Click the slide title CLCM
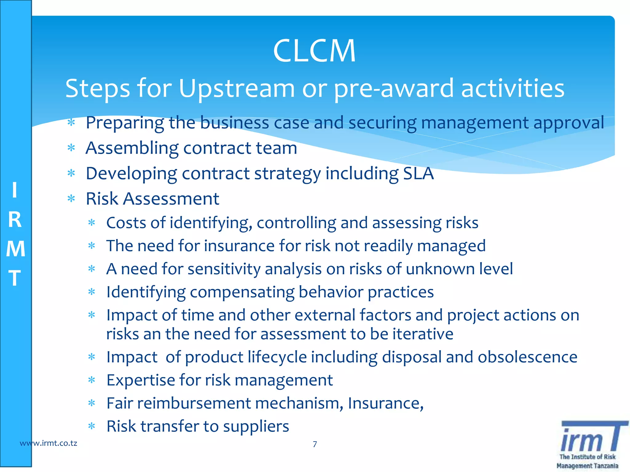pos(314,51)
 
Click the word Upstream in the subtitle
pos(237,88)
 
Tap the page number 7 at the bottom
pos(315,444)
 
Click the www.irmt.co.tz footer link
pos(48,443)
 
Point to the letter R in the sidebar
pos(15,220)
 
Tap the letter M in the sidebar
pos(15,249)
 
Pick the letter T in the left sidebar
pos(15,278)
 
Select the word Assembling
pos(132,148)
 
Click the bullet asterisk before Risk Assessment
pos(71,199)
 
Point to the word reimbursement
pos(194,403)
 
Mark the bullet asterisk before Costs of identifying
pos(92,223)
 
